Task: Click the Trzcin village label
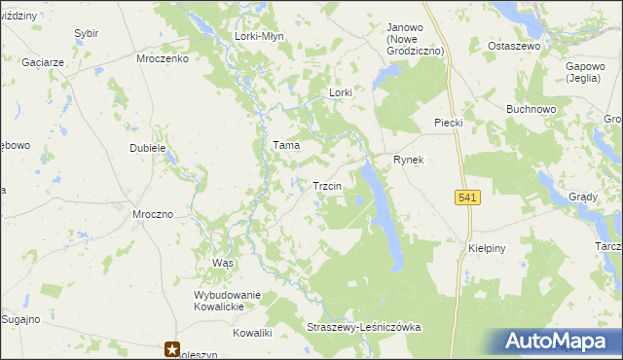tap(325, 186)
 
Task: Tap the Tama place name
tap(285, 145)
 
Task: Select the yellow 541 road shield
tap(467, 198)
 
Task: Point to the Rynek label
tap(408, 160)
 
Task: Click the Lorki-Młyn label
tap(257, 36)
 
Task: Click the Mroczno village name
tap(153, 213)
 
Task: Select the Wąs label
tap(223, 264)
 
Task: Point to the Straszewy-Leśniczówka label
tap(363, 328)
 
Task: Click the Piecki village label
tap(447, 122)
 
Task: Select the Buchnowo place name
tap(531, 109)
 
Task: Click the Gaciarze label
tap(44, 61)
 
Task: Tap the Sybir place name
tap(87, 33)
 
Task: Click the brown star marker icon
tap(172, 348)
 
